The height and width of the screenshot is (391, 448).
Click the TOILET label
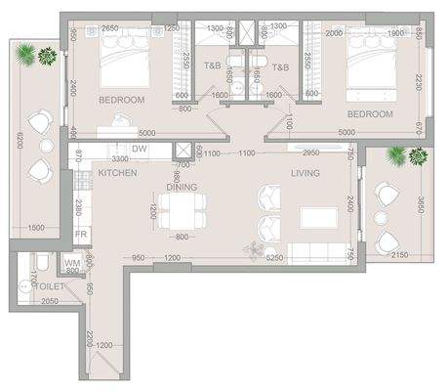click(49, 286)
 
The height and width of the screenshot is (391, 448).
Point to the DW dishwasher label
click(139, 149)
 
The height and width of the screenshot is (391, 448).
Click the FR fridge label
click(83, 236)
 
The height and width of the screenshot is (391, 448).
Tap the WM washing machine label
click(71, 263)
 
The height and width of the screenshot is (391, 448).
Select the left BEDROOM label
click(122, 100)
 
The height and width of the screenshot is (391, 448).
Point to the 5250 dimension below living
click(274, 258)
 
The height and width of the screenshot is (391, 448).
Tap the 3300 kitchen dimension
click(120, 157)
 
